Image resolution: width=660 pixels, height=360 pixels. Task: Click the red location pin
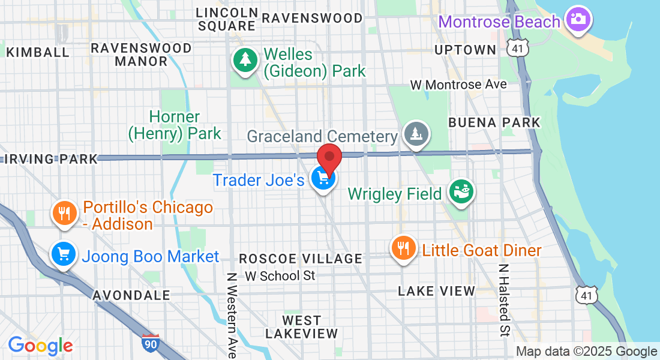point(329,158)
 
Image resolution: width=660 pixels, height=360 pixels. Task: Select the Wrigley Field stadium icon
point(462,192)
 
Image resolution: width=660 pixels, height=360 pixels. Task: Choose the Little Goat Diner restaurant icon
point(403,248)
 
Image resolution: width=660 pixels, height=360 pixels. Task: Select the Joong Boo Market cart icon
point(63,254)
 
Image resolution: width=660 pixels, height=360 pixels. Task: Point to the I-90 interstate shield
point(151,343)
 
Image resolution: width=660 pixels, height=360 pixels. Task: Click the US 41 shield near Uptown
point(515,49)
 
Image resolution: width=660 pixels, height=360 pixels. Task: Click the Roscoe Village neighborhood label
point(301,259)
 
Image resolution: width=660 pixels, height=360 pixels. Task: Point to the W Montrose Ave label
point(458,85)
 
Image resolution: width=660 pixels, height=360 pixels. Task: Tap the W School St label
point(280,276)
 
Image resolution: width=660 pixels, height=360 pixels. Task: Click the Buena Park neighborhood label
point(494,122)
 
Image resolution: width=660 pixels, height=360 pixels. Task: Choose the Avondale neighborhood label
point(131,295)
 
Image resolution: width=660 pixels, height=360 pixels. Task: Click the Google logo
point(40,346)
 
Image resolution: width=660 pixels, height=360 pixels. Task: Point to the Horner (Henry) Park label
point(175,125)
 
